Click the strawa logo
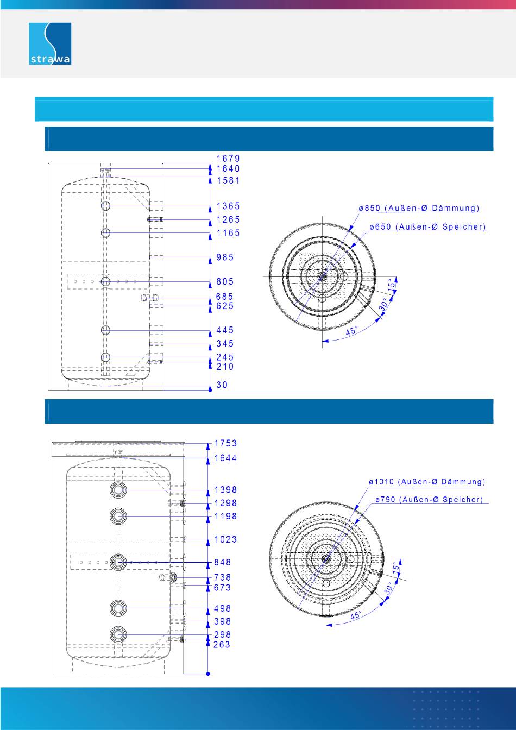[50, 43]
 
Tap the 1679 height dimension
[228, 159]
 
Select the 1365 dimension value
[228, 206]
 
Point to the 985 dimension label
[225, 257]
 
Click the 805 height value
[225, 281]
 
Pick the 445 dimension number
[225, 330]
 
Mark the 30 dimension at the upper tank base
[222, 385]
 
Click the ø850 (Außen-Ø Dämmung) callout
[419, 208]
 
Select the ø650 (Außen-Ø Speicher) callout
[427, 227]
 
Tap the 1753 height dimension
[225, 444]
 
